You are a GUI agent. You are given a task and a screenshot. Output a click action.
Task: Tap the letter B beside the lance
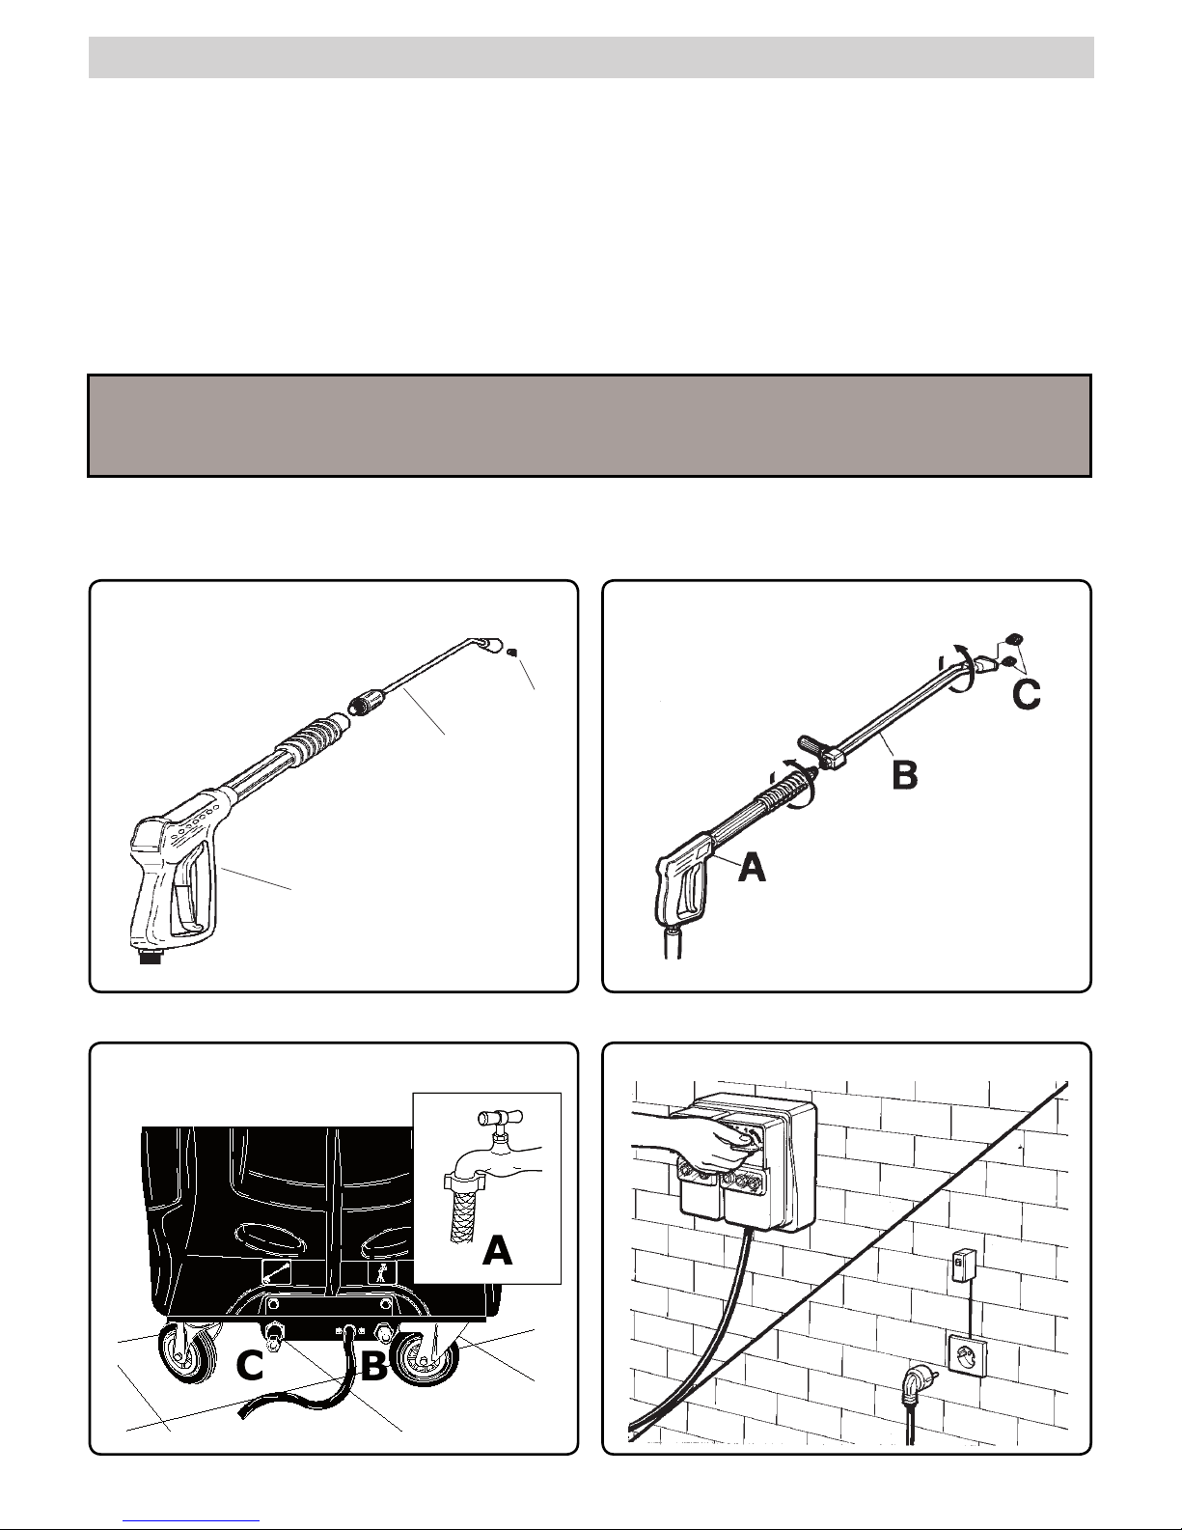pyautogui.click(x=905, y=775)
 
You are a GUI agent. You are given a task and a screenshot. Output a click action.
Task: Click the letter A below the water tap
pyautogui.click(x=498, y=1251)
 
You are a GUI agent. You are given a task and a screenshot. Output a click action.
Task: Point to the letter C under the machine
pyautogui.click(x=250, y=1367)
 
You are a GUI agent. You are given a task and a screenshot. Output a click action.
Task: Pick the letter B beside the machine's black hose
pyautogui.click(x=374, y=1367)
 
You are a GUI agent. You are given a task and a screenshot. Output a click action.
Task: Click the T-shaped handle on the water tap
pyautogui.click(x=500, y=1118)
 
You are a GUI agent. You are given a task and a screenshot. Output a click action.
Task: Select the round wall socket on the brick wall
pyautogui.click(x=969, y=1353)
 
